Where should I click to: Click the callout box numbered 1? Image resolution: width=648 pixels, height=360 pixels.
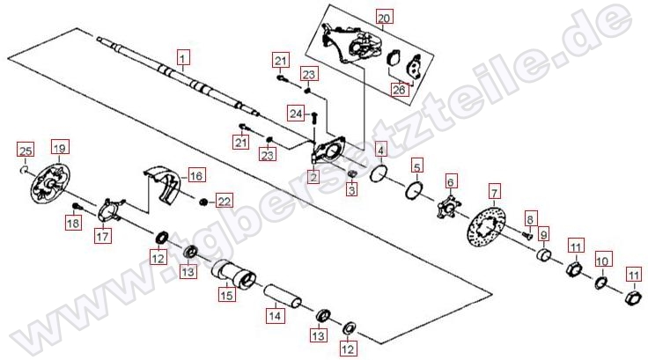[x=183, y=57]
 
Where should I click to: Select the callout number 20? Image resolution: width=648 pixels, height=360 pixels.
[x=384, y=18]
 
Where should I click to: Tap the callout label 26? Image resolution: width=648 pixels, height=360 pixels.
[x=399, y=89]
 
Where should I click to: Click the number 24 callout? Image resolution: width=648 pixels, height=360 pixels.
[x=296, y=114]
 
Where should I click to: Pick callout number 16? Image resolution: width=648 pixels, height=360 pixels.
[x=196, y=176]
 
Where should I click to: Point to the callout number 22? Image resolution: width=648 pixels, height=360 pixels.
[x=224, y=202]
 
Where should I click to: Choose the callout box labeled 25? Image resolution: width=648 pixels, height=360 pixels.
[x=26, y=151]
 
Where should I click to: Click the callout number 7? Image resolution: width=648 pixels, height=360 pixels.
[x=495, y=192]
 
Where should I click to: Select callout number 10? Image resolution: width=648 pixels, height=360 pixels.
[x=602, y=261]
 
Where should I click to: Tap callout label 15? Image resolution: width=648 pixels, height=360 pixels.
[x=227, y=295]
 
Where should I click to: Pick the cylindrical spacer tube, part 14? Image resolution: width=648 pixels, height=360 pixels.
[x=283, y=297]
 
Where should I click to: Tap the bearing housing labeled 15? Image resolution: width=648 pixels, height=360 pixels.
[x=234, y=274]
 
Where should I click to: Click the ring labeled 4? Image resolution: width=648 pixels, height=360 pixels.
[x=379, y=173]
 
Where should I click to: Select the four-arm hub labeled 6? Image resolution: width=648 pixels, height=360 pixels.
[x=449, y=207]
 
